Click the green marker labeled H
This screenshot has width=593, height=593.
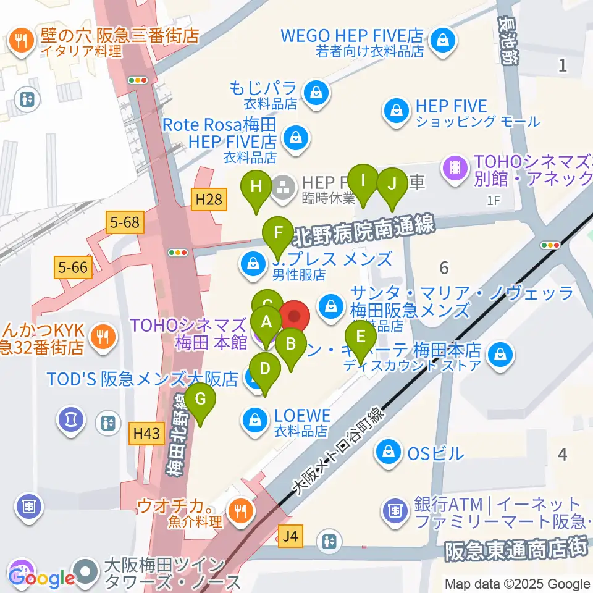point(256,186)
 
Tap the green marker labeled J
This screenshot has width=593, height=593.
point(390,184)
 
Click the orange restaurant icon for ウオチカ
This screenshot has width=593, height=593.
point(238,510)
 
